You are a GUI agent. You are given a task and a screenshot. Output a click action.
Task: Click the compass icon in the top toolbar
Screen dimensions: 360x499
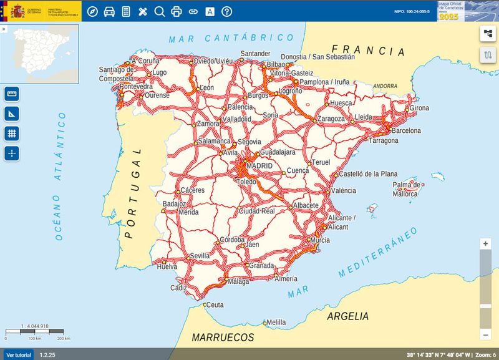point(93,11)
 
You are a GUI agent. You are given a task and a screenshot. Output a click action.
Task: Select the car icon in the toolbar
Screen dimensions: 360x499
point(109,11)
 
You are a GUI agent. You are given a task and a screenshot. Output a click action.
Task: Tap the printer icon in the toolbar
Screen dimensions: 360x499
point(176,11)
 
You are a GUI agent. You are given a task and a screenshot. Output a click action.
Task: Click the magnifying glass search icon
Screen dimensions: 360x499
point(159,11)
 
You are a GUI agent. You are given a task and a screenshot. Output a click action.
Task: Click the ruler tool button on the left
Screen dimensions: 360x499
point(11,94)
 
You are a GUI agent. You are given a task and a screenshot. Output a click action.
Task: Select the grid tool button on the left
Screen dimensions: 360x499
point(11,133)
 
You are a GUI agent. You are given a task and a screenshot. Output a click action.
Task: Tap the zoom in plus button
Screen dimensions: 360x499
point(485,244)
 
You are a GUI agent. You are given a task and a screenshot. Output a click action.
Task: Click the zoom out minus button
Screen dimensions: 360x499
point(485,336)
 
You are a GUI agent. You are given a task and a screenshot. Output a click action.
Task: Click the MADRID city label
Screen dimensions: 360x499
point(259,167)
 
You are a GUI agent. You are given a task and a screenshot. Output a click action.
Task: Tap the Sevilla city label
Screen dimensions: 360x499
point(200,256)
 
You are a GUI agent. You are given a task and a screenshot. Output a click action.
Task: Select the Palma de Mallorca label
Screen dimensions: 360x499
point(405,190)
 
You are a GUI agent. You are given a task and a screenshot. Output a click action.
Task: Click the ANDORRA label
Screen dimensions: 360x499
point(385,86)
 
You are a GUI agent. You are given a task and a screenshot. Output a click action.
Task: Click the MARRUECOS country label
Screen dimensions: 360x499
point(223,338)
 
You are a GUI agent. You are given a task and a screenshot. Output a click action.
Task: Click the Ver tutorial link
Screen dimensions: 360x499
point(18,354)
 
